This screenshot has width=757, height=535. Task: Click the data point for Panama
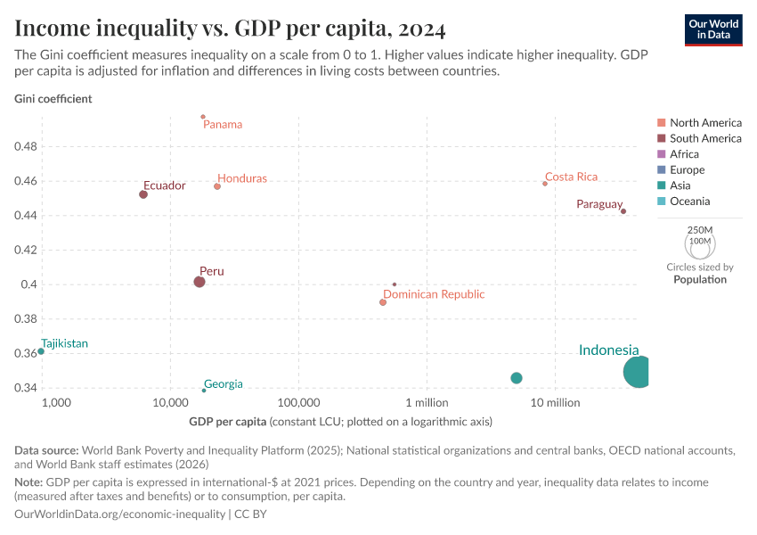pyautogui.click(x=203, y=117)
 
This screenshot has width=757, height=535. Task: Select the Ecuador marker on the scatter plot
pyautogui.click(x=143, y=194)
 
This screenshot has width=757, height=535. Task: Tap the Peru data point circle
pyautogui.click(x=199, y=282)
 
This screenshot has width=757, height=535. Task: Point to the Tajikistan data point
pyautogui.click(x=41, y=351)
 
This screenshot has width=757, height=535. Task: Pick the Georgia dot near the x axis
pyautogui.click(x=204, y=391)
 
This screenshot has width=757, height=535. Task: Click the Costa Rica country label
pyautogui.click(x=571, y=177)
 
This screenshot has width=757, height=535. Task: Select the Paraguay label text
pyautogui.click(x=598, y=204)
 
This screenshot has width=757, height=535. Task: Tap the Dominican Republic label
pyautogui.click(x=434, y=294)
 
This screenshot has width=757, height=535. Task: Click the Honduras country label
pyautogui.click(x=242, y=178)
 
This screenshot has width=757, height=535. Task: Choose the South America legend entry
pyautogui.click(x=705, y=138)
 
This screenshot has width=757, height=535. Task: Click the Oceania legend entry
pyautogui.click(x=689, y=202)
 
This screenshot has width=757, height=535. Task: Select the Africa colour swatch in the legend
pyautogui.click(x=661, y=154)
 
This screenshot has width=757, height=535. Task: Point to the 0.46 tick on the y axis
pyautogui.click(x=26, y=181)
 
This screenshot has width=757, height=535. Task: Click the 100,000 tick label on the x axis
pyautogui.click(x=297, y=403)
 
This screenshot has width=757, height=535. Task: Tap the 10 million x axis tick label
pyautogui.click(x=555, y=403)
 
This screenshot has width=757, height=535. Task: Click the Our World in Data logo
pyautogui.click(x=713, y=29)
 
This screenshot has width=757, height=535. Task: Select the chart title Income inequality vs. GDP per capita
pyautogui.click(x=231, y=29)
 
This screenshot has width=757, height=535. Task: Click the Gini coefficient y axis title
pyautogui.click(x=53, y=99)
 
